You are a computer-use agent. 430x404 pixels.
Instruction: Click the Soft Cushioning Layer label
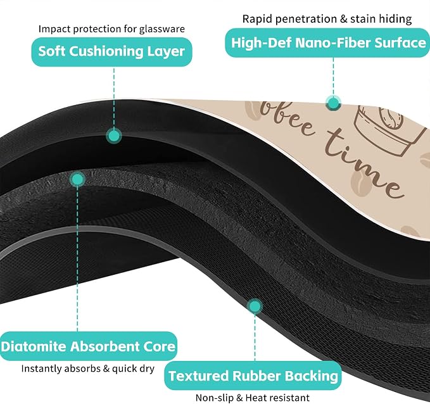coord(111,51)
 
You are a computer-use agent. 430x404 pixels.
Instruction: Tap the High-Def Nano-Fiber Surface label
coord(328,43)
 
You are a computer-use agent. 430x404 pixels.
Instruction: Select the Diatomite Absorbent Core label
coord(88,346)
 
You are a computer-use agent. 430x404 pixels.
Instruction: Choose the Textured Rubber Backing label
coord(253,376)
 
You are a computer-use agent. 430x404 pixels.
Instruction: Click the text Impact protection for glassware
coord(111,28)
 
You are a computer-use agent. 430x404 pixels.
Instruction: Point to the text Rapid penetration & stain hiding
coord(327,19)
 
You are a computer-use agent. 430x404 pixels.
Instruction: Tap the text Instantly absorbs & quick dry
coord(88,369)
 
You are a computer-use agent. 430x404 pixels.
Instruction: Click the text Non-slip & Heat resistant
coord(252,398)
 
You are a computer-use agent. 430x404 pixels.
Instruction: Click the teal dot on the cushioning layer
coord(113,136)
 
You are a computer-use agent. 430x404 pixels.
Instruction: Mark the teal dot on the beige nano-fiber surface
coord(334,103)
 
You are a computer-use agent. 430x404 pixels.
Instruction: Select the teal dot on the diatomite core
coord(77,179)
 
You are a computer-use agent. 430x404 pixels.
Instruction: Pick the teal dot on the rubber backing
coord(255,306)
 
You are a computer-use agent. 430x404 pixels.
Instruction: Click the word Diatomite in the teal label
coord(34,346)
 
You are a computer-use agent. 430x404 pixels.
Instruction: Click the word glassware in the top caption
coord(161,29)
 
